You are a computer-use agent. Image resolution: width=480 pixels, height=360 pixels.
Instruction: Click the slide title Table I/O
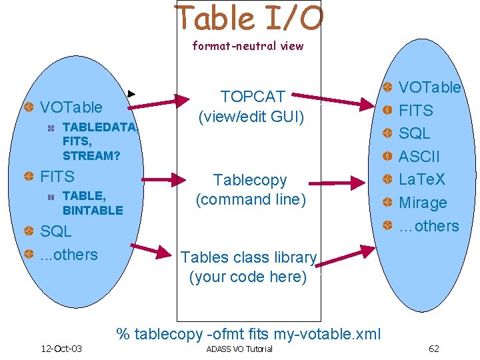click(248, 19)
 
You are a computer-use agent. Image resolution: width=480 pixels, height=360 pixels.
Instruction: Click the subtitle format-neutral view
click(248, 46)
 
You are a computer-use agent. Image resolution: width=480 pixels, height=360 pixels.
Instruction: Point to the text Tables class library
click(249, 257)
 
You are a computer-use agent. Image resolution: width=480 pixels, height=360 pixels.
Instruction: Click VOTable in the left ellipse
click(71, 107)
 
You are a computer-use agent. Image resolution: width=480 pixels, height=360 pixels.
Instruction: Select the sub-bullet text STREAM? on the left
click(91, 156)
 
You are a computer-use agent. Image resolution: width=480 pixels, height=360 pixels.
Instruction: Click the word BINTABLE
click(93, 210)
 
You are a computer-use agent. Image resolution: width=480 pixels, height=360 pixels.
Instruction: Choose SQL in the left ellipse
click(56, 232)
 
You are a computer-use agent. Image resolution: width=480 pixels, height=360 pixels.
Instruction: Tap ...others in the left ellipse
click(69, 255)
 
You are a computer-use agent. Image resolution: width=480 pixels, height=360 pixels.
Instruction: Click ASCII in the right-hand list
click(419, 157)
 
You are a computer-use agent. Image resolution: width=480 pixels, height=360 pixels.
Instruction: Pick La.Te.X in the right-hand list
click(421, 179)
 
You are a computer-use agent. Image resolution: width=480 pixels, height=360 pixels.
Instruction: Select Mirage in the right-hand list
click(423, 203)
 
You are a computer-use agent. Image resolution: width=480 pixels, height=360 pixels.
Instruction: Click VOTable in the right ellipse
click(429, 87)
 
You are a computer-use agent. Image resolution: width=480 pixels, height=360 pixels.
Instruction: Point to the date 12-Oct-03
click(61, 349)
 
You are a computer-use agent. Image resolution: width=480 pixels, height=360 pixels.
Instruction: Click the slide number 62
click(434, 349)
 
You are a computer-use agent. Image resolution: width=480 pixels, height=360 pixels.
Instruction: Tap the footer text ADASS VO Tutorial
click(239, 349)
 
